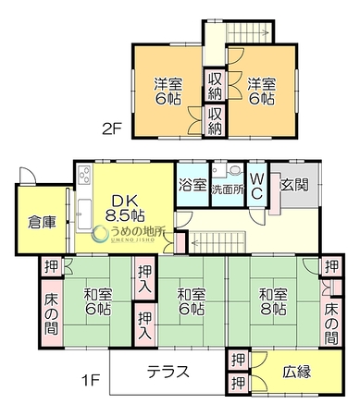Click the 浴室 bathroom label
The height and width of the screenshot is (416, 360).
[x=192, y=185]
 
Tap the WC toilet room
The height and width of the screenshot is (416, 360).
[x=256, y=185]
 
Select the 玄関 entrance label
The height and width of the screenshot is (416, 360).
[x=294, y=185]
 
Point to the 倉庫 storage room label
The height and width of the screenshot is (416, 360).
[x=42, y=222]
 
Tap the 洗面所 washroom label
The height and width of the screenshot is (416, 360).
[x=228, y=190]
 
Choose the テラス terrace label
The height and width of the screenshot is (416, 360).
[x=168, y=372]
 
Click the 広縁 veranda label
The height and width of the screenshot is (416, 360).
[x=297, y=372]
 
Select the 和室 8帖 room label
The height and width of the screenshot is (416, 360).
[x=273, y=301]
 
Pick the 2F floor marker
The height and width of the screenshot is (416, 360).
[x=113, y=128]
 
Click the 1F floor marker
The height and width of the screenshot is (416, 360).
[x=91, y=381]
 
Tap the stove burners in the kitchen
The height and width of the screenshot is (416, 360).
[x=84, y=176]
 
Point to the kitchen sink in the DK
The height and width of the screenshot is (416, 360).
[x=84, y=214]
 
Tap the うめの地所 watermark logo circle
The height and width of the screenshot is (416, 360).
[x=101, y=235]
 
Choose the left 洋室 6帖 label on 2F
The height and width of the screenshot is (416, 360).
[x=168, y=92]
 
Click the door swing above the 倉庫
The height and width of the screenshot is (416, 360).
[x=27, y=176]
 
